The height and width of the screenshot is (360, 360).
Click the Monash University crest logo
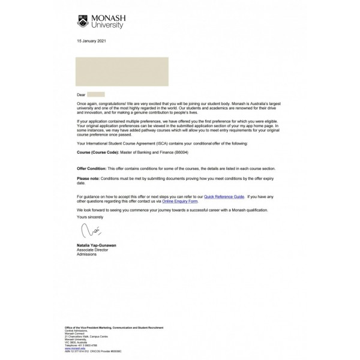pyautogui.click(x=83, y=22)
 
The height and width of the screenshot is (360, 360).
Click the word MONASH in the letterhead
pyautogui.click(x=107, y=19)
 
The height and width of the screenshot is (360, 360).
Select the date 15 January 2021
pyautogui.click(x=90, y=40)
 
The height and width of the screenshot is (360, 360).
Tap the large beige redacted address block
pyautogui.click(x=122, y=72)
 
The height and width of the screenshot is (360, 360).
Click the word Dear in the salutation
pyautogui.click(x=82, y=95)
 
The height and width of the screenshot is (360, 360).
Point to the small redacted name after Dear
pyautogui.click(x=96, y=95)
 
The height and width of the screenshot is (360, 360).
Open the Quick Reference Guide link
pyautogui.click(x=224, y=196)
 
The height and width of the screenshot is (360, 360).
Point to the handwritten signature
pyautogui.click(x=87, y=231)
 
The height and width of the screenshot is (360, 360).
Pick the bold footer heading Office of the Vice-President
pyautogui.click(x=113, y=328)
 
